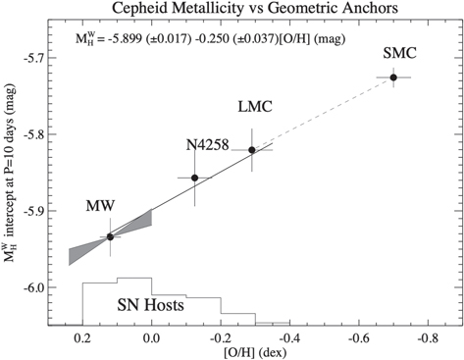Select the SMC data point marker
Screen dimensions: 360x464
(393, 77)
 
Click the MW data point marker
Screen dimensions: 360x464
(110, 236)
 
